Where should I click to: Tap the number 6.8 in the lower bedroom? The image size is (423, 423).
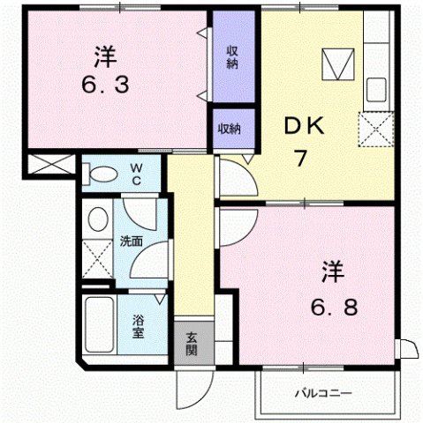point(335,308)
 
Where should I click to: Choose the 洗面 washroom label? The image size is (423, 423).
point(132,241)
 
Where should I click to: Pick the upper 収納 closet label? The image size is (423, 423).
point(232,56)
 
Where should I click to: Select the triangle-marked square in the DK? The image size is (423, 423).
point(336,63)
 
